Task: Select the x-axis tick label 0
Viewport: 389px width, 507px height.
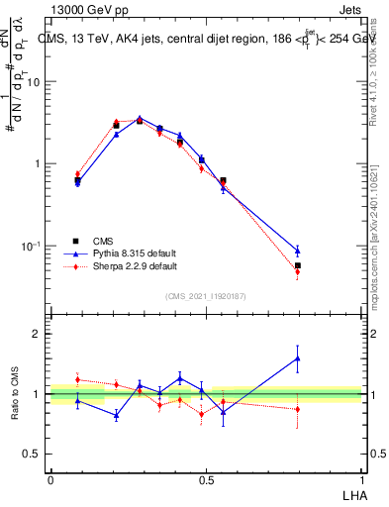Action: click(x=50, y=477)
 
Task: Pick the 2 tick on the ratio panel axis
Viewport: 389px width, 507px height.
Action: click(x=37, y=334)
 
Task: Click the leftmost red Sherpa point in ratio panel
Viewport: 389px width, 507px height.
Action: click(x=78, y=379)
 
